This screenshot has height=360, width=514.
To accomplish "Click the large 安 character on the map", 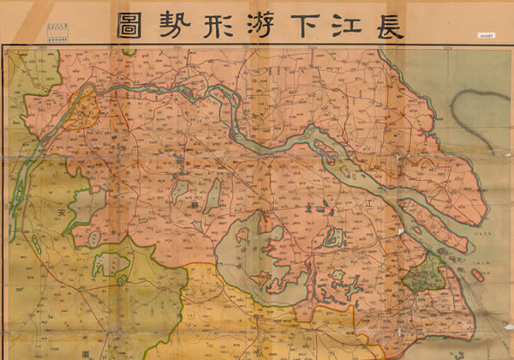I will (62, 212).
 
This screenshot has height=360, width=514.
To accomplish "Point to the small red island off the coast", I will (477, 276).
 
